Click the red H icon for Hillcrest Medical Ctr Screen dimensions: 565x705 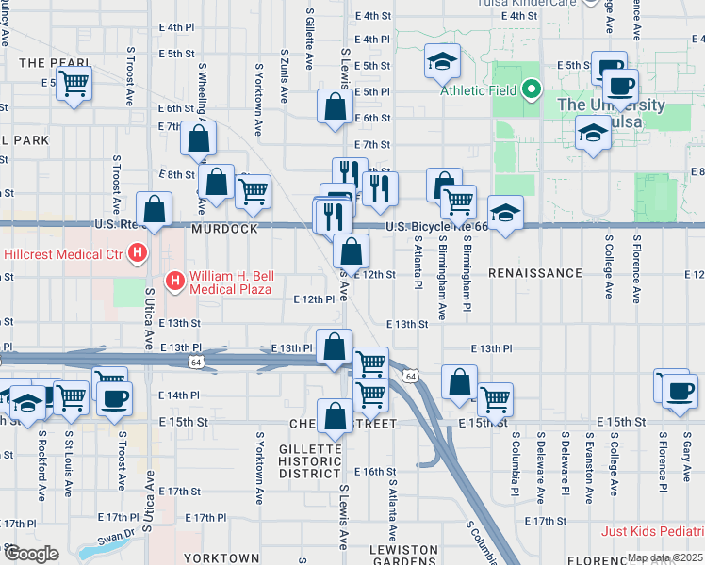coord(139,252)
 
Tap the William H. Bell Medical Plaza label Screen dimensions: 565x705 coord(230,282)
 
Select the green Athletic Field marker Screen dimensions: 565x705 coord(531,90)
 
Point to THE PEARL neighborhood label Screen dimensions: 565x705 coord(45,62)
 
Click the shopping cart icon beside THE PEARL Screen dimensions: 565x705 coord(74,83)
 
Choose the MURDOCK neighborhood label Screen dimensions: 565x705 coord(224,229)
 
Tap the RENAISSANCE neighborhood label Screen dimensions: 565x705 coord(535,273)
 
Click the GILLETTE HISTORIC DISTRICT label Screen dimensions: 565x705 coord(310,461)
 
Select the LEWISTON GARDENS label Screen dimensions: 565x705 coord(403,555)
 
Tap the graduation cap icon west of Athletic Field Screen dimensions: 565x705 coord(442,62)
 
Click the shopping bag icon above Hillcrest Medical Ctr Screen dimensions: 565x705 coord(154,210)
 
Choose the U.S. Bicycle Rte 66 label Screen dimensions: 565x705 coord(437,227)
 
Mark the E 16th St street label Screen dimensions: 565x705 coord(375,471)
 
